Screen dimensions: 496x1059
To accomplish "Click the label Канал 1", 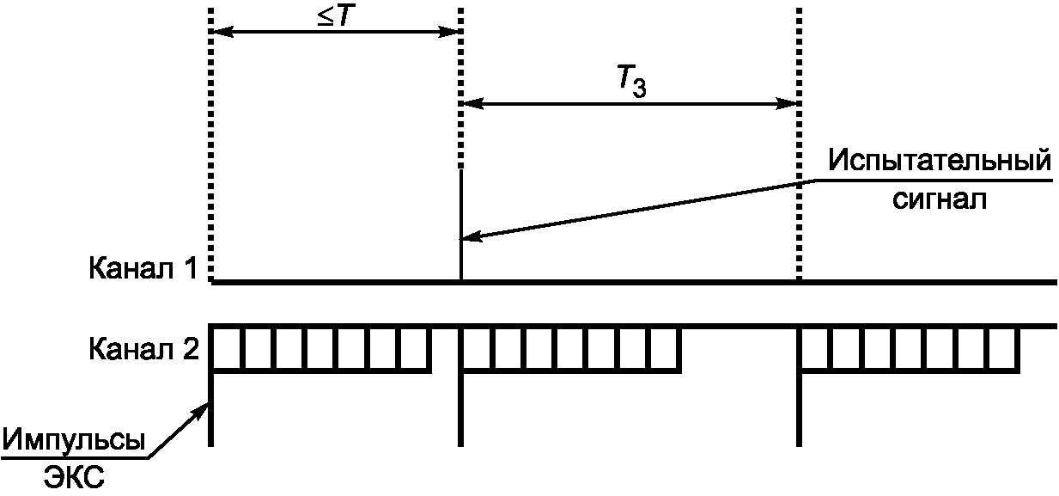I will point(143,269).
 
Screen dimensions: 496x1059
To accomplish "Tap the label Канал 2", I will point(143,350).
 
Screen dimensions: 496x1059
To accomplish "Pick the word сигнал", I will point(940,201).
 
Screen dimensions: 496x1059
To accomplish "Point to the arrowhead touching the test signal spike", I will point(469,237).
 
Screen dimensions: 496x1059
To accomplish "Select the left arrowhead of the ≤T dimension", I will point(220,33).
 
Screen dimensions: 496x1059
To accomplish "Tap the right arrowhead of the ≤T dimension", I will point(453,33).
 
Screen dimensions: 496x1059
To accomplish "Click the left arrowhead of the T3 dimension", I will point(472,103).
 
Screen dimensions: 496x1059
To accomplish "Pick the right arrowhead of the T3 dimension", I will point(791,103).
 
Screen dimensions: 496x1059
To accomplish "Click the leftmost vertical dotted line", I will point(210,138).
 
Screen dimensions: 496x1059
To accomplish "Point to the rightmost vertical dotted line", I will point(800,138).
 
